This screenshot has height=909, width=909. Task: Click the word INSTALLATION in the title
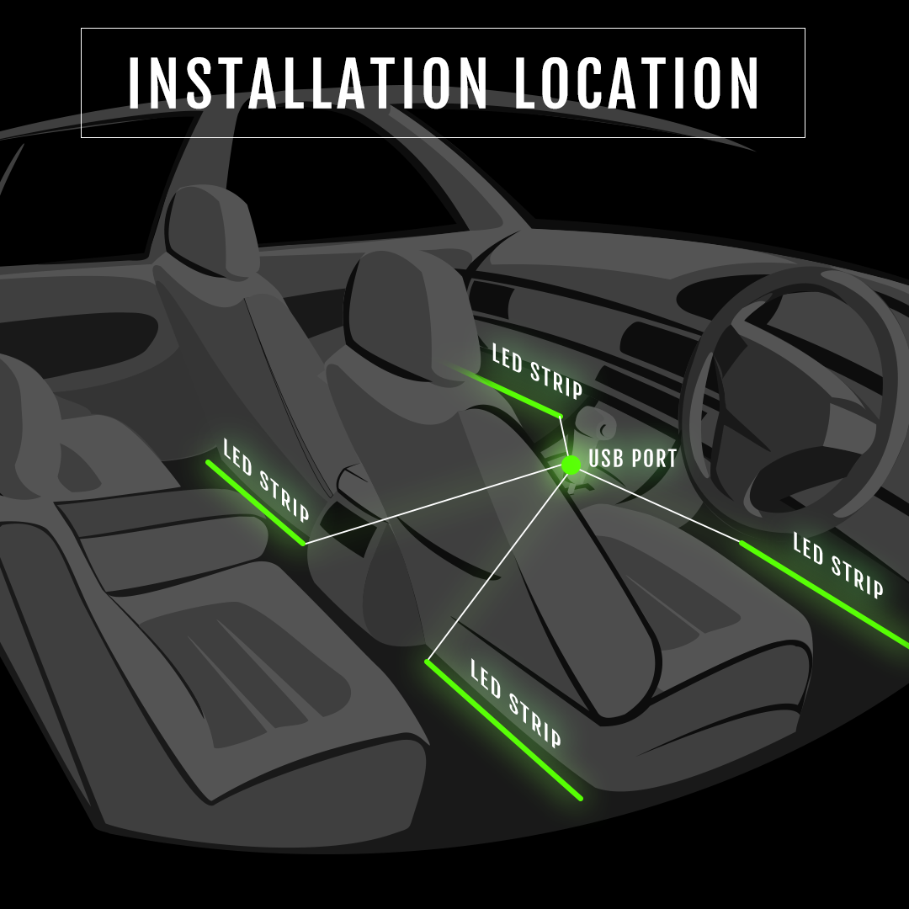pos(307,82)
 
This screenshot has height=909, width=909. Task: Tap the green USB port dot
pos(571,464)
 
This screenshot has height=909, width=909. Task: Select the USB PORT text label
pos(633,460)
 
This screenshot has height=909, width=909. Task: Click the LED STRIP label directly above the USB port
pos(537,370)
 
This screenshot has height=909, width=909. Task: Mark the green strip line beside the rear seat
pos(255,502)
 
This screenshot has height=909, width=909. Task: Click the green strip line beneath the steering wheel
pos(825,593)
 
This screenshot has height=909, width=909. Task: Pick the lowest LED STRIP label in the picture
pos(515,704)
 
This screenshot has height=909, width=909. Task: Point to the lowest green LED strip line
pos(503,729)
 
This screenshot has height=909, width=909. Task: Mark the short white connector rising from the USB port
pos(565,438)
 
